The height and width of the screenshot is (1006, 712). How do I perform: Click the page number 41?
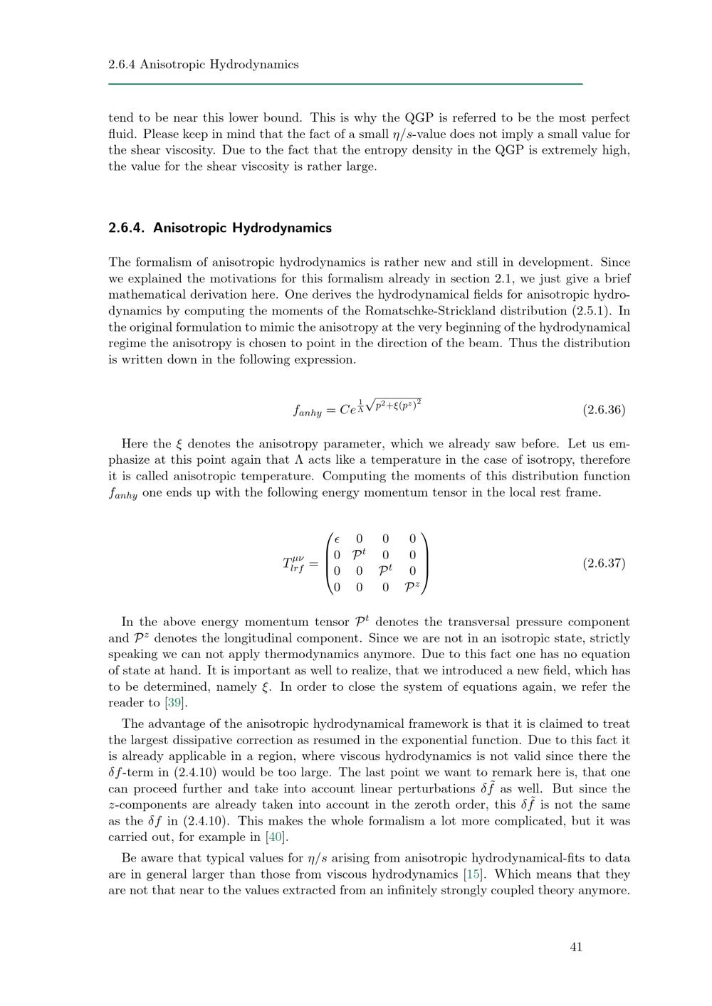click(576, 947)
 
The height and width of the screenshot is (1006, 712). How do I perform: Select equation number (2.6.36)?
click(604, 410)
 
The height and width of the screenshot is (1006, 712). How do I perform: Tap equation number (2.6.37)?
click(604, 563)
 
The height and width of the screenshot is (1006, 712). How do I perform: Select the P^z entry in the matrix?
click(412, 588)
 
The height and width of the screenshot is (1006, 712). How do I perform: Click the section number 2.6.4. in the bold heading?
click(127, 228)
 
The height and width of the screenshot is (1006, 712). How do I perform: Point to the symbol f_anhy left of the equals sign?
click(308, 411)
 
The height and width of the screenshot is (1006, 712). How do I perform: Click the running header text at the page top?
click(203, 65)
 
